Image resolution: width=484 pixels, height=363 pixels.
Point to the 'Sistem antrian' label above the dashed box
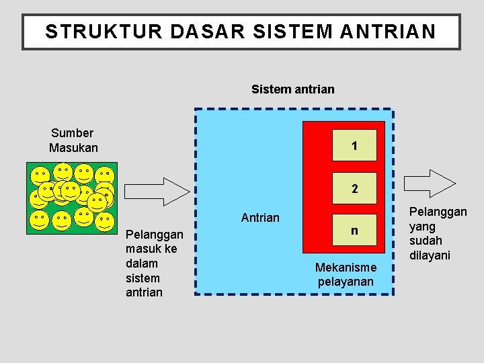click(292, 89)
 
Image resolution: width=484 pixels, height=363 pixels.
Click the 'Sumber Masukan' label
click(73, 140)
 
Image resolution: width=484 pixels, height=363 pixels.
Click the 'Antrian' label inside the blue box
click(260, 218)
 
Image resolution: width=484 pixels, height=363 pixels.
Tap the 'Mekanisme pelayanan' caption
click(346, 274)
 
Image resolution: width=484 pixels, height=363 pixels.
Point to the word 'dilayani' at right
click(430, 255)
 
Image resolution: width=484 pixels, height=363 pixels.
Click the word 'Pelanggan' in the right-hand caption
click(438, 212)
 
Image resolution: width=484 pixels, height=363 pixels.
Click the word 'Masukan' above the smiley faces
click(73, 148)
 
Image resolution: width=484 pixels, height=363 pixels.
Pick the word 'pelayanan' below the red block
click(346, 282)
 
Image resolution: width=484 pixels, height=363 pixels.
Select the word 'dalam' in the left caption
click(141, 264)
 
